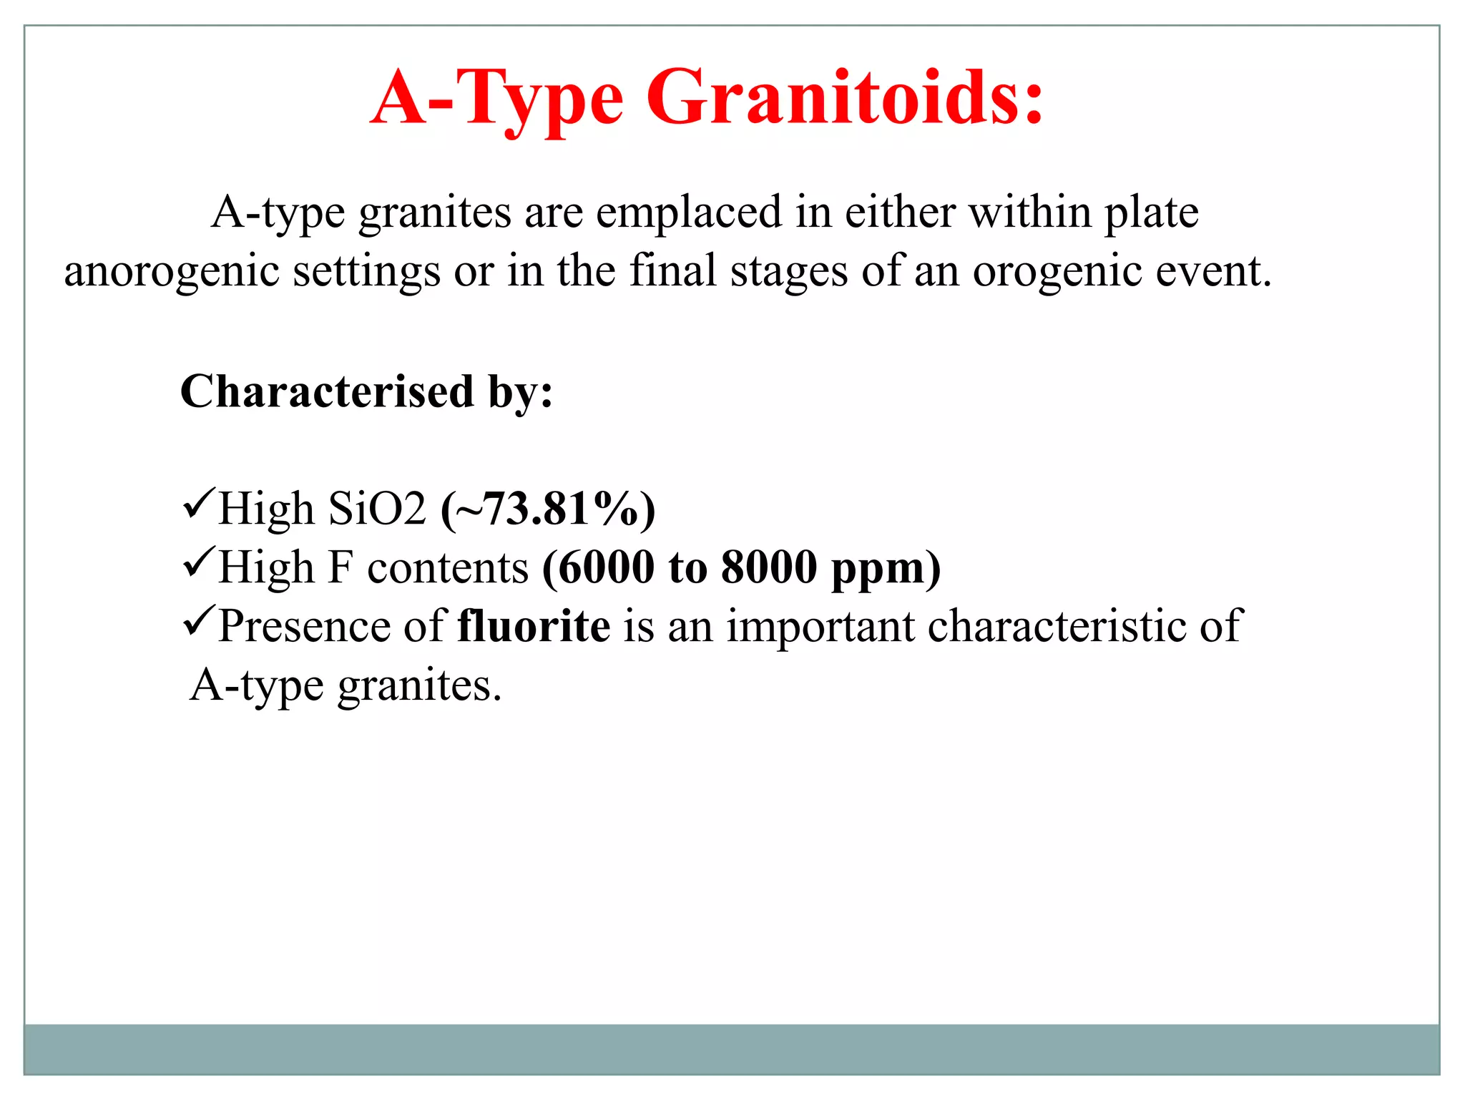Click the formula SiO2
[x=377, y=509]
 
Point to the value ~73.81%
[x=548, y=509]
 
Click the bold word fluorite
[x=534, y=626]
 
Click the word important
[x=820, y=626]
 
